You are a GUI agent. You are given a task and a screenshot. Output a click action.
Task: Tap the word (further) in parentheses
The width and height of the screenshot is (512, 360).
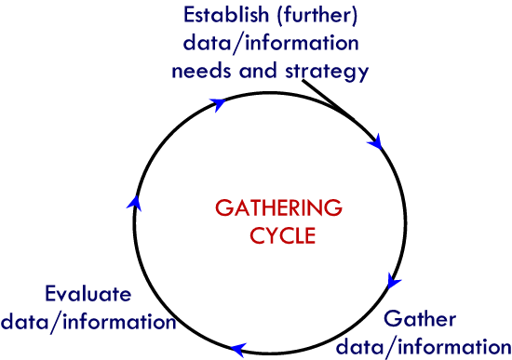point(314,16)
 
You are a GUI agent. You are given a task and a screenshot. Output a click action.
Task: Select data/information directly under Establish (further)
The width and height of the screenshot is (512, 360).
point(271,43)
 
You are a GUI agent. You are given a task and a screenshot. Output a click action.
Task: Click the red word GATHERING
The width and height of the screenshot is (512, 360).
point(278,207)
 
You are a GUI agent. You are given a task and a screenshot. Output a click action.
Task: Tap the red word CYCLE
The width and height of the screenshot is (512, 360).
point(283,235)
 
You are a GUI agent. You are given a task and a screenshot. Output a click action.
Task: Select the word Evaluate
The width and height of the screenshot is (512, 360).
point(88,294)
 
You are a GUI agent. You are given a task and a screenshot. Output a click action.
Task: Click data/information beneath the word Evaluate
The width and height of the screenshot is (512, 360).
point(88,322)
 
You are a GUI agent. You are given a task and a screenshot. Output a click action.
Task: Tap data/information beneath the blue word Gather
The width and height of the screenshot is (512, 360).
point(423,346)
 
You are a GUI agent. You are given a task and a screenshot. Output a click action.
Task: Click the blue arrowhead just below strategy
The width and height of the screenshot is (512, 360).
point(376,142)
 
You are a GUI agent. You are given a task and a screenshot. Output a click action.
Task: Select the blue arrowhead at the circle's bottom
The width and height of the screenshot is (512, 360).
point(238,350)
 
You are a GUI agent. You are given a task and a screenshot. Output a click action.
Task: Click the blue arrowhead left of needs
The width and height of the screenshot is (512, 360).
point(218,104)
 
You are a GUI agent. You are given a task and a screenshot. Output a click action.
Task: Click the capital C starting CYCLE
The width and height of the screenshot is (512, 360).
point(257,235)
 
